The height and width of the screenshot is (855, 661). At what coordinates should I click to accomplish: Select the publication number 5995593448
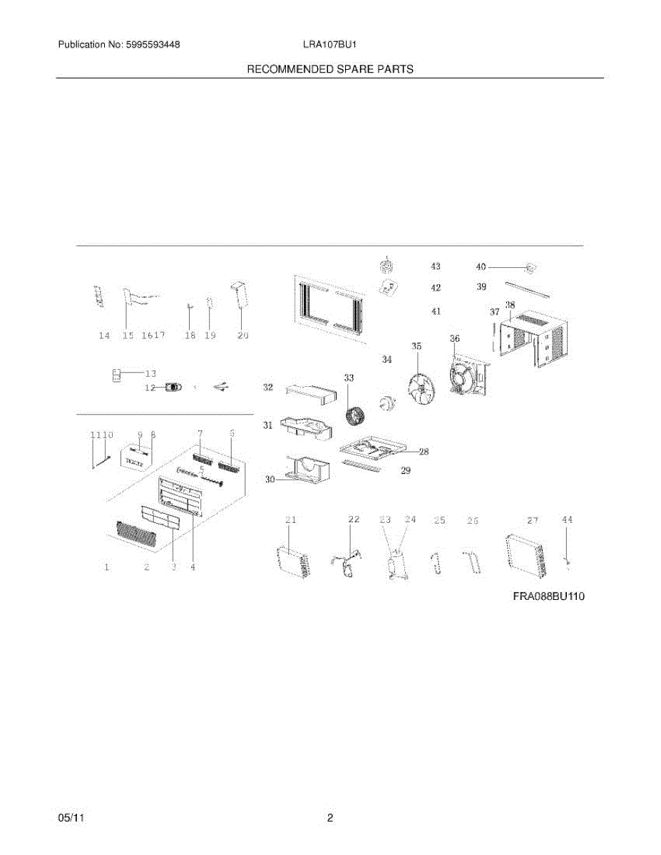(152, 45)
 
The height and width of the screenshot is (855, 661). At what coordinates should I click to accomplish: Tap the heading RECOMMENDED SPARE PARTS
(330, 69)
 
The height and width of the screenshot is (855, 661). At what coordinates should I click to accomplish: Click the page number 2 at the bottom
(330, 819)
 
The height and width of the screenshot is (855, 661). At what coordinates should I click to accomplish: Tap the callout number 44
(567, 520)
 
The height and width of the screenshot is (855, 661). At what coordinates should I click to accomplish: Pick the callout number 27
(533, 521)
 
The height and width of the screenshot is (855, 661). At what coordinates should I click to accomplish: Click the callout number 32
(268, 388)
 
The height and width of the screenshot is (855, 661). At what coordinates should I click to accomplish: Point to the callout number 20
(242, 336)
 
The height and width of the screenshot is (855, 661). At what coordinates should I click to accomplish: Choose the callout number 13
(150, 373)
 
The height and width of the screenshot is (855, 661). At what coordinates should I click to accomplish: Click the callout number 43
(435, 266)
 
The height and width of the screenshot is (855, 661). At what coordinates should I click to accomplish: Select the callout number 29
(405, 471)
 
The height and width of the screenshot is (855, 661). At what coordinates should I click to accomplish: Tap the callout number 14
(105, 336)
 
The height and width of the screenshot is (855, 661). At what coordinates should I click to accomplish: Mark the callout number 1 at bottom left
(106, 568)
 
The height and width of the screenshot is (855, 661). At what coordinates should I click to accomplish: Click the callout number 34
(386, 360)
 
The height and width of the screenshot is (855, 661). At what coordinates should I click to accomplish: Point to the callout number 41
(436, 311)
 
